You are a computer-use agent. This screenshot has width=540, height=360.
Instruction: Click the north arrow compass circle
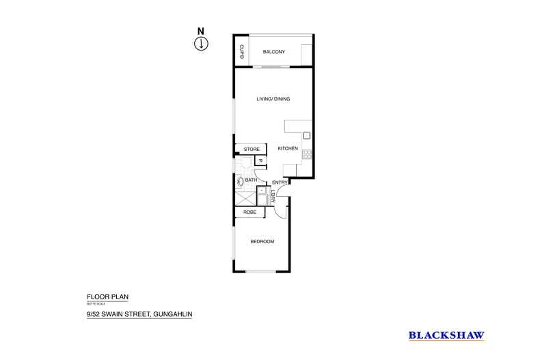[201, 44]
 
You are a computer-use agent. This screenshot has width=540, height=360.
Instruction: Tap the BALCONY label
[273, 52]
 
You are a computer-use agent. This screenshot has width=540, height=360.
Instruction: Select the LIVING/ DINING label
[273, 99]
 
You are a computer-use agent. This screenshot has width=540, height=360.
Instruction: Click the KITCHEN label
[287, 149]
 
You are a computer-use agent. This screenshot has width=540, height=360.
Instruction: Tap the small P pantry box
[260, 161]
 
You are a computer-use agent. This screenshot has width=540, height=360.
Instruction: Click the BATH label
[251, 180]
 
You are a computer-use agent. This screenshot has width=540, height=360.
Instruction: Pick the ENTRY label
[280, 182]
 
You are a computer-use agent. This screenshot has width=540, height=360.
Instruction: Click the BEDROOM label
[262, 242]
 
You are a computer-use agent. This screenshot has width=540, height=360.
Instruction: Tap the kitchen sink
[307, 135]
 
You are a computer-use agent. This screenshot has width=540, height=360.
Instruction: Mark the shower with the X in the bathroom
[244, 199]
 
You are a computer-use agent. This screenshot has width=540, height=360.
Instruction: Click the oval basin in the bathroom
[240, 181]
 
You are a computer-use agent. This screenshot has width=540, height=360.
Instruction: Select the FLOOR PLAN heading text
[107, 296]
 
